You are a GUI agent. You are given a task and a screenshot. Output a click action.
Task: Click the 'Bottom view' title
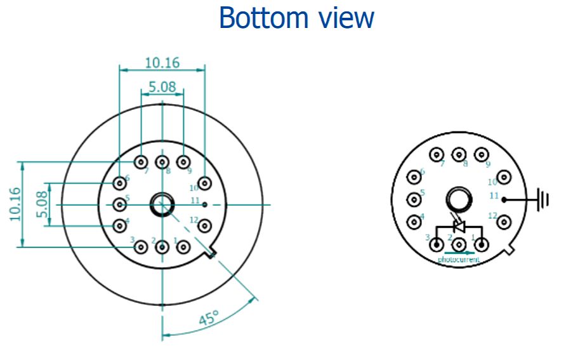[296, 18]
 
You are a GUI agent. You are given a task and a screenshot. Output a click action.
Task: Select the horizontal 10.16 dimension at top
[162, 62]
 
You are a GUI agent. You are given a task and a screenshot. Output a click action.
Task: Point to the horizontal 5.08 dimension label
[162, 87]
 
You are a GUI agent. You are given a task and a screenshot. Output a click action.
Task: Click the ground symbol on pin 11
[543, 199]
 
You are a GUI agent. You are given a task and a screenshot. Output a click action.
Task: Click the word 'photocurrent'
[459, 260]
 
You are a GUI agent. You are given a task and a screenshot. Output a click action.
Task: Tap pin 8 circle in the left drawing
[162, 162]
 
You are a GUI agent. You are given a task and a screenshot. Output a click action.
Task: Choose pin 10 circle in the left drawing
[204, 183]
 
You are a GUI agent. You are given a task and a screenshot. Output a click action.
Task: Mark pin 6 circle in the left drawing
[120, 183]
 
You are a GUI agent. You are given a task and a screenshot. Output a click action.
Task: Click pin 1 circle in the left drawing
[183, 246]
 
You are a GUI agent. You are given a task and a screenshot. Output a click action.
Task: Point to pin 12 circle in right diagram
[504, 222]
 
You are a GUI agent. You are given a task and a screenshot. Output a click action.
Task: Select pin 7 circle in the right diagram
[436, 154]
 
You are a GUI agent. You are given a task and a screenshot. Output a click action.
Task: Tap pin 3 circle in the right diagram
[436, 244]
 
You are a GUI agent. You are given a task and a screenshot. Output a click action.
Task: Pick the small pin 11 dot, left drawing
[204, 204]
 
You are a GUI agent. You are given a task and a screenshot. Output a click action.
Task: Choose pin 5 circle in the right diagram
[414, 199]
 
